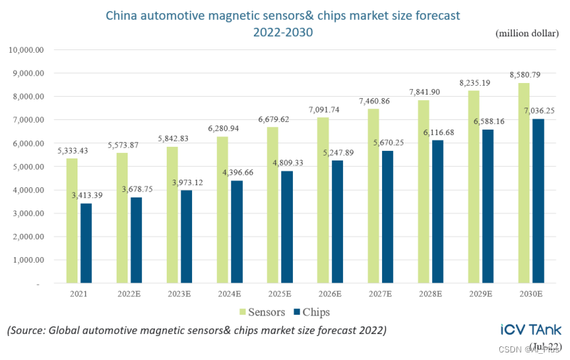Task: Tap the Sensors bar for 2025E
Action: (x=273, y=205)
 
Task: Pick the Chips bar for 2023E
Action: (x=186, y=237)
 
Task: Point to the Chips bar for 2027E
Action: (x=388, y=217)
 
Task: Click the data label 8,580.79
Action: (x=524, y=74)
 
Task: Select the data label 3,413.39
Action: (x=88, y=195)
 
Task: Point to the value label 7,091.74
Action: (x=324, y=108)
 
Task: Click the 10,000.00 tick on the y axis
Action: (x=25, y=50)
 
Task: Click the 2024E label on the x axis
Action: (x=229, y=294)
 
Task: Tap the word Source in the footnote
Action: (x=30, y=331)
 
